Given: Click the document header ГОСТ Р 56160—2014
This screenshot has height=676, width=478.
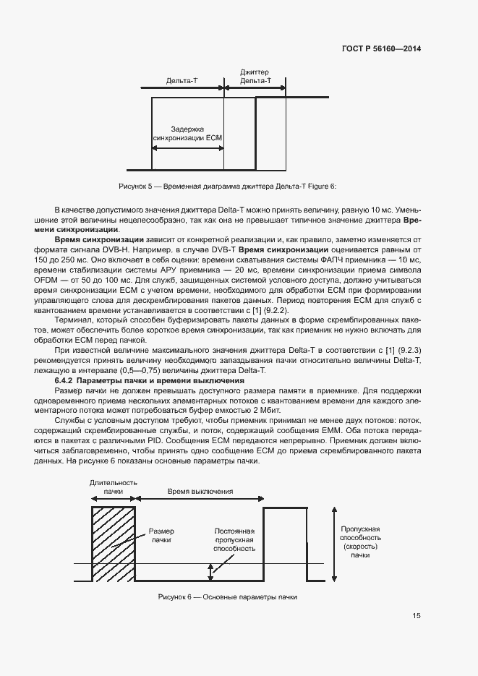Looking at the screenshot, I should click(x=380, y=49).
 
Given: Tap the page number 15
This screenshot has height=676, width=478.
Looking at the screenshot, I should click(x=417, y=616).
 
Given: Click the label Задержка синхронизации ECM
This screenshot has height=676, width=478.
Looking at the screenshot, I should click(x=187, y=132).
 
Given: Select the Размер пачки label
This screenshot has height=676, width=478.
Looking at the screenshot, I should click(x=161, y=535).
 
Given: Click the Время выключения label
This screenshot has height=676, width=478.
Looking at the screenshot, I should click(x=200, y=491).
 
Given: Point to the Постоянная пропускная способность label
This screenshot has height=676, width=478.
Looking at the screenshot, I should click(x=234, y=539).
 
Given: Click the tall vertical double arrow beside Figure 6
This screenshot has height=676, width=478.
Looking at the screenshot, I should click(x=333, y=543).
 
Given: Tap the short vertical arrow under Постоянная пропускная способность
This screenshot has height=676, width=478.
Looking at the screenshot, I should click(x=211, y=572).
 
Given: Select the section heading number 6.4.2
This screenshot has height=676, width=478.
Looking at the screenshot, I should click(x=64, y=380).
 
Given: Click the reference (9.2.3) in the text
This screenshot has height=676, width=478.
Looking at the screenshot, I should click(x=409, y=351).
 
